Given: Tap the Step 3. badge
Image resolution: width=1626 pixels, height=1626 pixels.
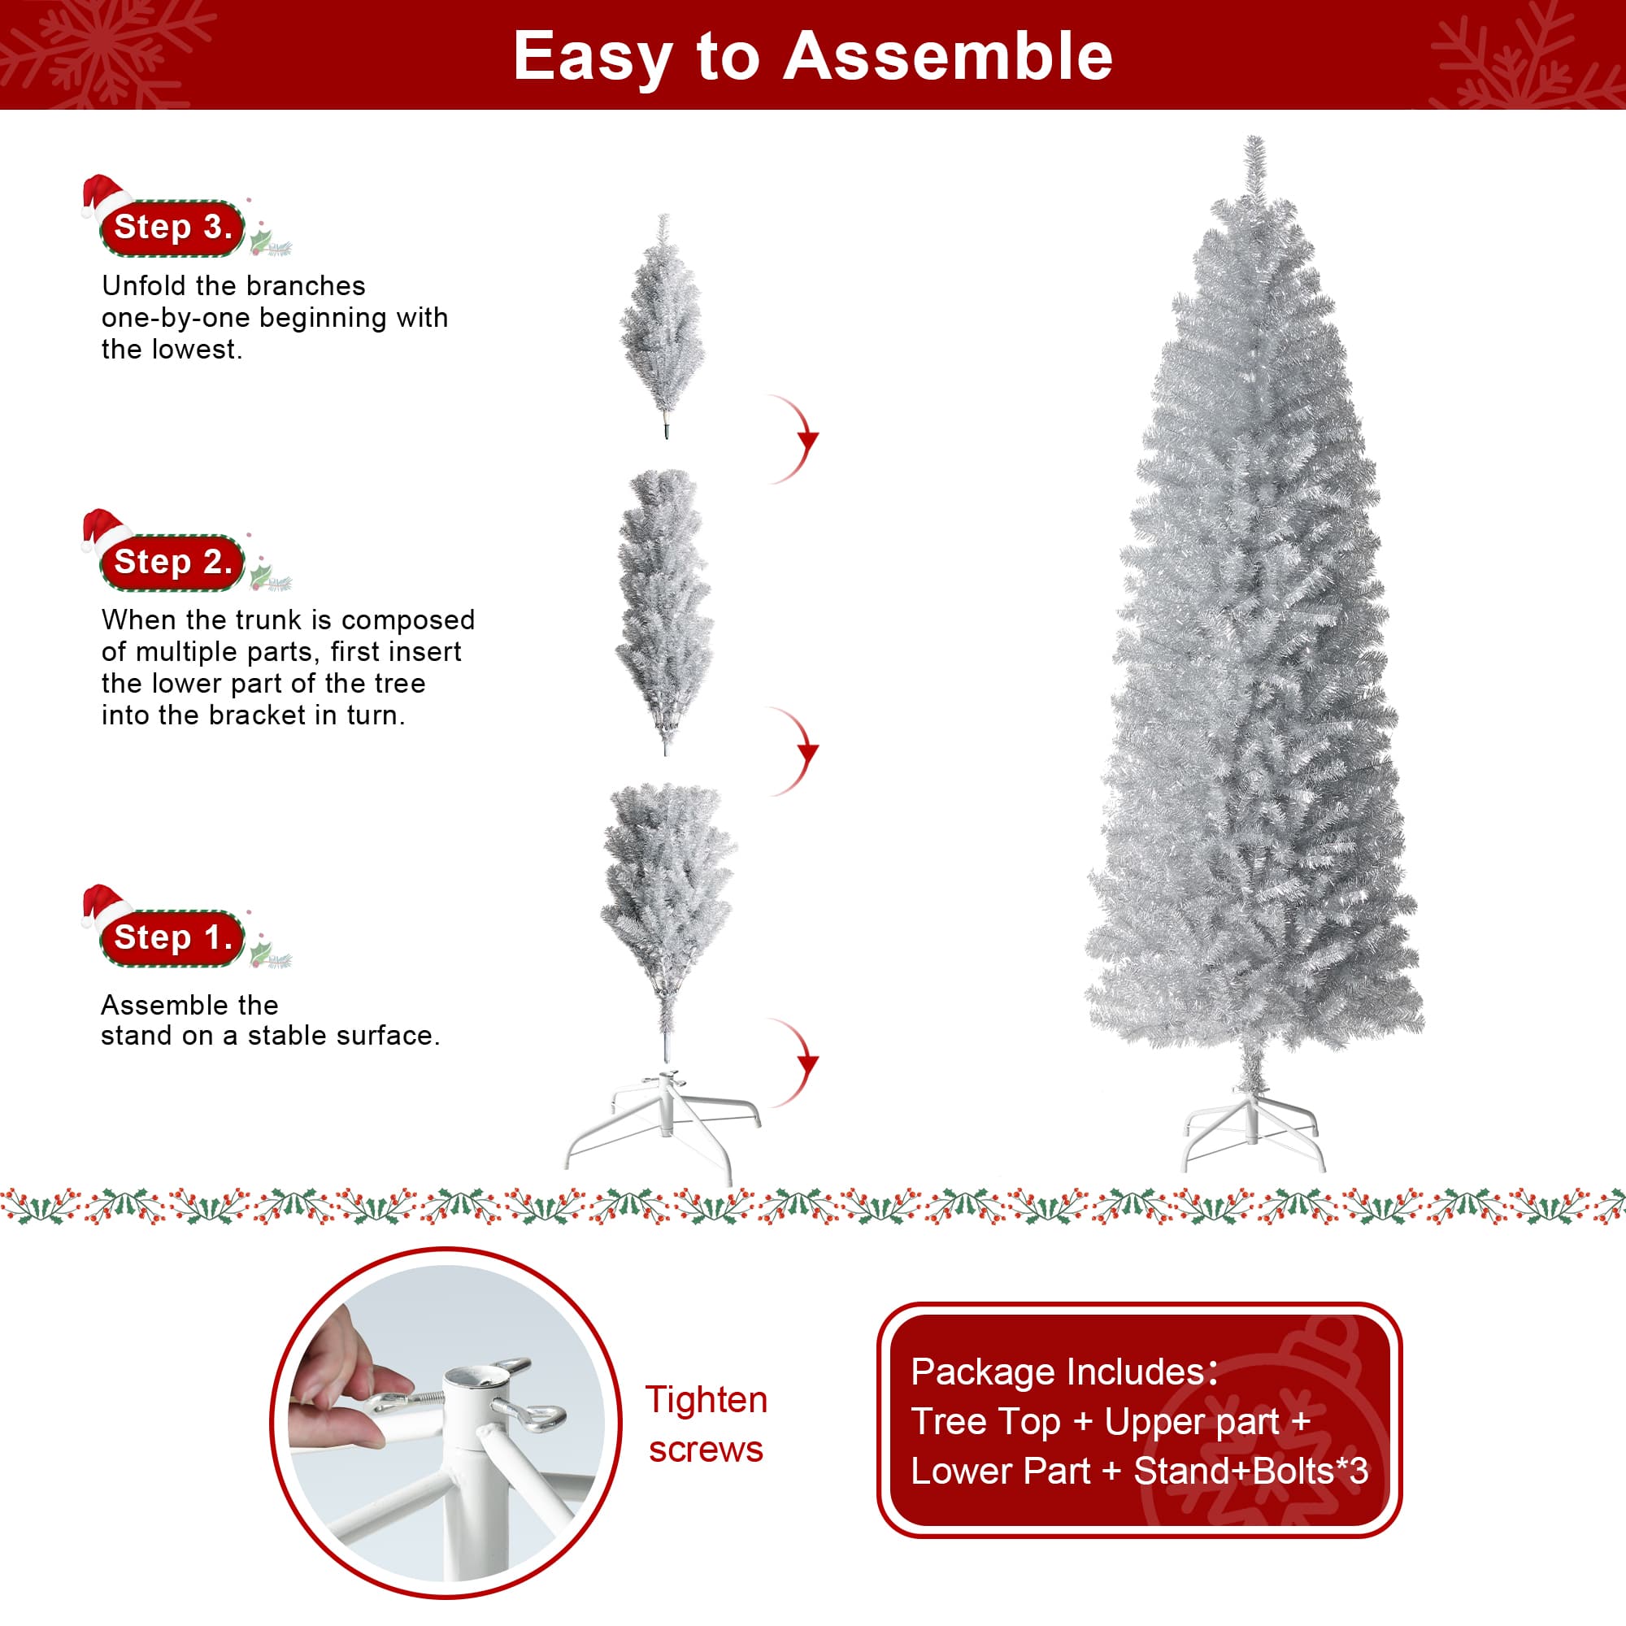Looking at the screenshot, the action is click(x=172, y=228).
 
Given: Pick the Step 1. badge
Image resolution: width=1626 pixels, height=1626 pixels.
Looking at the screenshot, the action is click(x=172, y=937).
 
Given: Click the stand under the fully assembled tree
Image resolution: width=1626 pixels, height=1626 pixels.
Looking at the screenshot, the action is click(x=1252, y=1128).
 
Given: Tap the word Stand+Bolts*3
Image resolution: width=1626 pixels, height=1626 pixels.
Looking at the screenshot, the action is click(x=1250, y=1472).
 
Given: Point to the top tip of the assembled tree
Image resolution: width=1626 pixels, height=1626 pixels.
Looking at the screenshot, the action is click(x=1254, y=137).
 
